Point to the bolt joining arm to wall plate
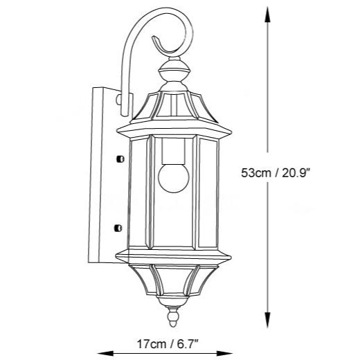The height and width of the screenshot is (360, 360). point(122,102)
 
